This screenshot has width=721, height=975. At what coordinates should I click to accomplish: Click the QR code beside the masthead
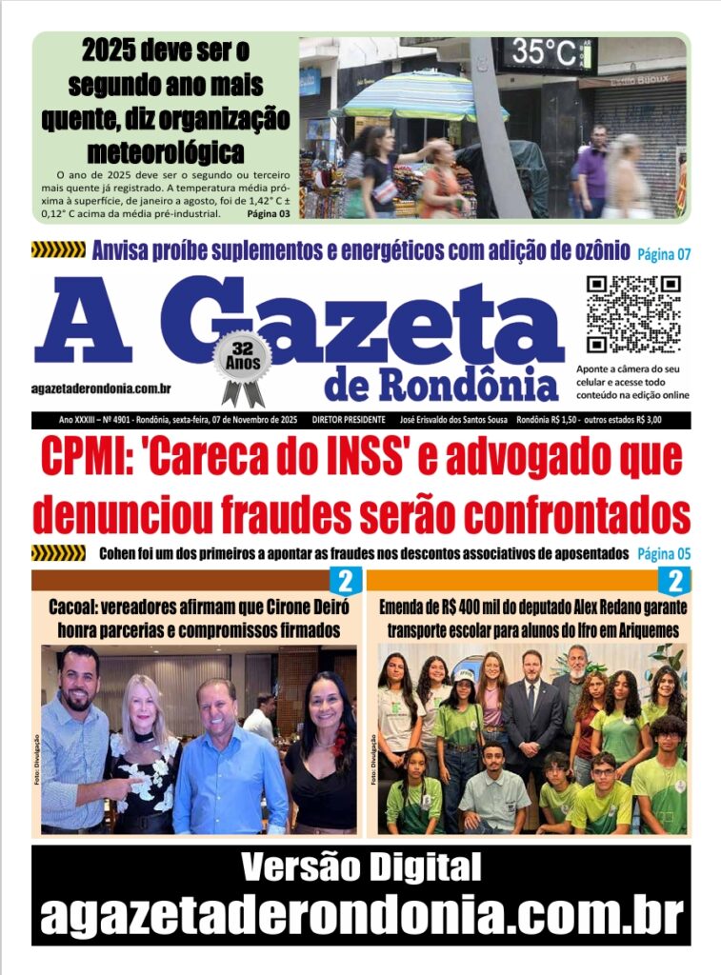(x=632, y=314)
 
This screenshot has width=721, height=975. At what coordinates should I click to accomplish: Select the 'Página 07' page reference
(x=664, y=253)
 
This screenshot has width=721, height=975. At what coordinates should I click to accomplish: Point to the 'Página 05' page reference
(x=664, y=553)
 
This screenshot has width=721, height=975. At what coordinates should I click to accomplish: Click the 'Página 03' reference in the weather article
(x=269, y=213)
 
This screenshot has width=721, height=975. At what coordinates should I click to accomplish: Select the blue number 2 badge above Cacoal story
(x=345, y=581)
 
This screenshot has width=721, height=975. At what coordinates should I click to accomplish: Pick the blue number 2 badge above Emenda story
(x=676, y=581)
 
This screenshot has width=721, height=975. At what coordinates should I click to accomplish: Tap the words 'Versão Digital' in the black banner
(x=360, y=867)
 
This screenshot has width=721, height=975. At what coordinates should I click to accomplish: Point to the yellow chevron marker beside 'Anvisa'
(x=58, y=250)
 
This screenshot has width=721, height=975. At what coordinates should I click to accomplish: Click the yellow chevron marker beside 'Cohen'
(x=58, y=553)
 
